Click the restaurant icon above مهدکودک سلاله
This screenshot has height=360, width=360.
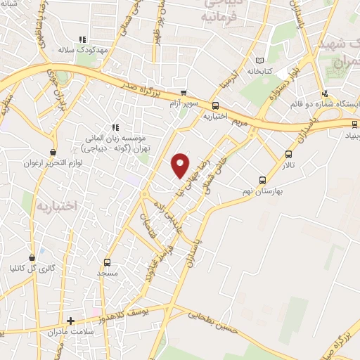pyautogui.click(x=82, y=40)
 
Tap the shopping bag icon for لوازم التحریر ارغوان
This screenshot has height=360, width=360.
pyautogui.click(x=53, y=152)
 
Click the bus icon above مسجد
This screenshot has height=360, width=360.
pyautogui.click(x=107, y=262)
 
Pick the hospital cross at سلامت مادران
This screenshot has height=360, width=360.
pyautogui.click(x=70, y=321)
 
